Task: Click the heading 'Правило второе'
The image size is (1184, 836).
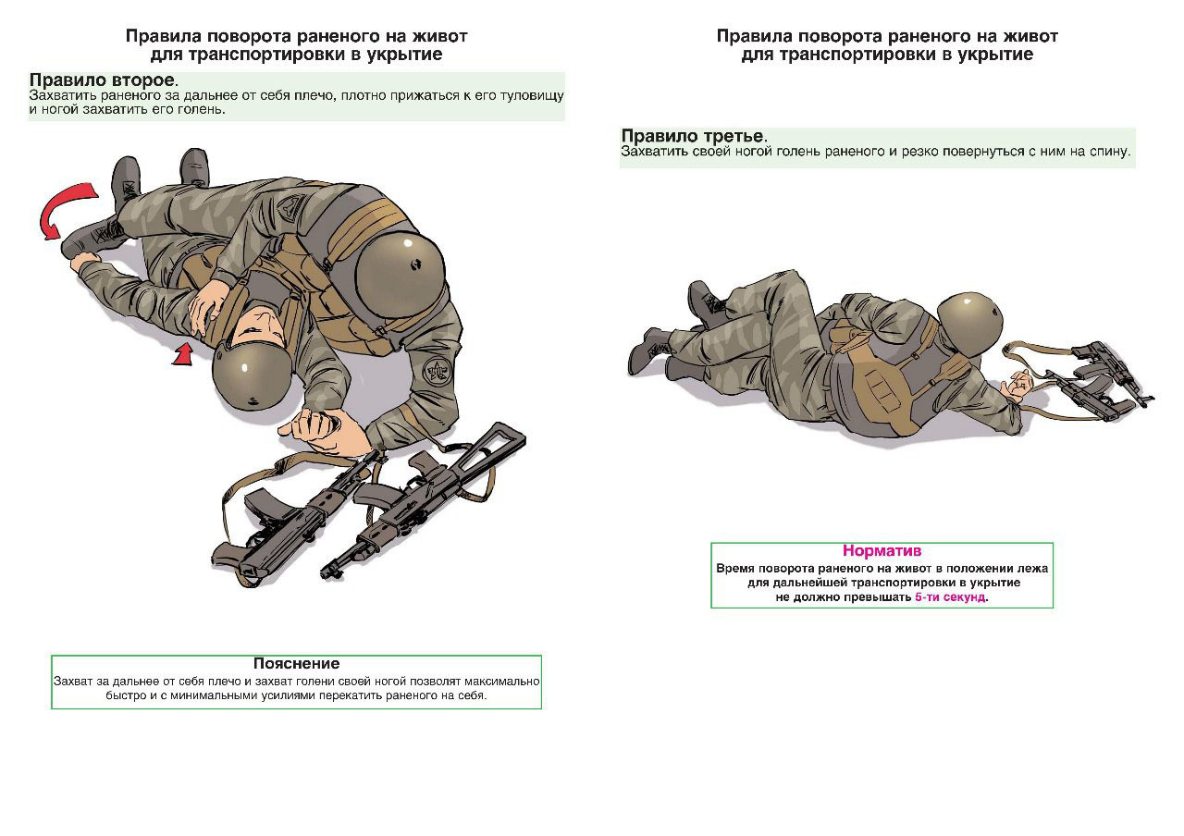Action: tap(102, 80)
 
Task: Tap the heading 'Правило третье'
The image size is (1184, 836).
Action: tap(692, 136)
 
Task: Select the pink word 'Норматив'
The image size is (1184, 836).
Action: tap(882, 550)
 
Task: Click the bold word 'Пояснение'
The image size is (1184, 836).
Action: tap(296, 663)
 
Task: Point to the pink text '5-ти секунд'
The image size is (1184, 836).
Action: tap(950, 597)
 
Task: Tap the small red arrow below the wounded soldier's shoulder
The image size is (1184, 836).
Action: tap(183, 353)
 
